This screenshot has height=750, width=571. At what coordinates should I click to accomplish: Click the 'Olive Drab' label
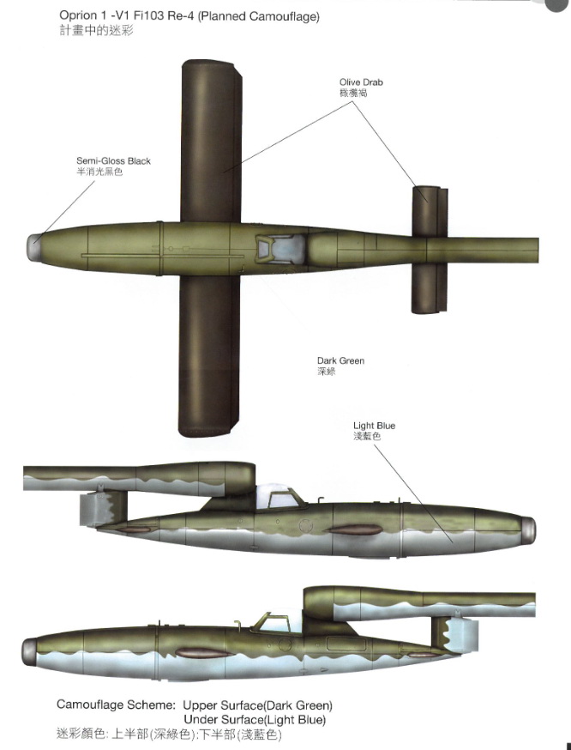pos(361,82)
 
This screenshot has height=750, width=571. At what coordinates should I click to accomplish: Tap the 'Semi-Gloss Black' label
pos(113,161)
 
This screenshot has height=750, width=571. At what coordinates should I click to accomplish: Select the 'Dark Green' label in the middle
pos(340,360)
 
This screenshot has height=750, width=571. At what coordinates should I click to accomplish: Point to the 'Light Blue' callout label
pos(374,426)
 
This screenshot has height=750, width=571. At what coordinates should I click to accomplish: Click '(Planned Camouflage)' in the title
pos(259,16)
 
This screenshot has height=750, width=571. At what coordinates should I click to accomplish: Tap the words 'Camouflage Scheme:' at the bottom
pos(116,705)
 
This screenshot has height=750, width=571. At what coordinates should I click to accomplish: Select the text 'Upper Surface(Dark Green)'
pos(257,705)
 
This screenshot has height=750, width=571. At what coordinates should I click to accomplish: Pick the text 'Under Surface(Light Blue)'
pos(255,719)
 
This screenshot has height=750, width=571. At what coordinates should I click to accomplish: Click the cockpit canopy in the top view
pos(281,249)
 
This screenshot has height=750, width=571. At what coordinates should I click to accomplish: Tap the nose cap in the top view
pos(33,248)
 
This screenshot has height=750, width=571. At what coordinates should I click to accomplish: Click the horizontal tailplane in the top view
pos(430,250)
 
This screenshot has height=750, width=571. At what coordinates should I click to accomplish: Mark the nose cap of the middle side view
pos(528,530)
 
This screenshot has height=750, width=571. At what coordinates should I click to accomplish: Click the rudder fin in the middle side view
pos(103,509)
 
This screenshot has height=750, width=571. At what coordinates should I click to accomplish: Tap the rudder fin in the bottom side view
pos(454,635)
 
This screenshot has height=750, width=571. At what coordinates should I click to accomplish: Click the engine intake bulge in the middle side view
pos(226,478)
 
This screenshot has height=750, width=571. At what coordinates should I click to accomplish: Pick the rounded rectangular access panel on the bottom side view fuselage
pos(346,644)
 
